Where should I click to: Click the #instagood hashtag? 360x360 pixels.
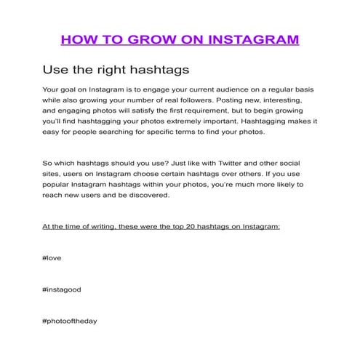62,289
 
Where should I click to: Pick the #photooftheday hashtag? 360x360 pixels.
70,320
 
